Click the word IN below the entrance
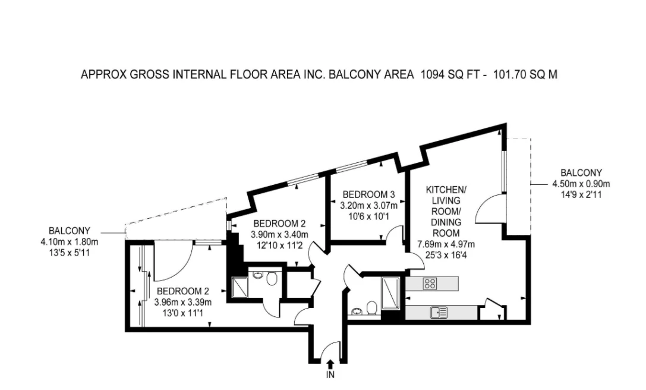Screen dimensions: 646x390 tap(330, 375)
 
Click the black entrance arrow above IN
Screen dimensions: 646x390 tap(330, 364)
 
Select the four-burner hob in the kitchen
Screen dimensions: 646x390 tap(430, 283)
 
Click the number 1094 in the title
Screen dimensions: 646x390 tap(432, 75)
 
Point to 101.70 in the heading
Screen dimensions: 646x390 tap(510, 75)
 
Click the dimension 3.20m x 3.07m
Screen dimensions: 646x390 tap(368, 205)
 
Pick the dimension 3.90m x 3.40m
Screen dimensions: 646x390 tap(280, 235)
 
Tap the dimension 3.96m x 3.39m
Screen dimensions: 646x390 tap(183, 302)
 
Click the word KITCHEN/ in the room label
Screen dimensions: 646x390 tap(446, 190)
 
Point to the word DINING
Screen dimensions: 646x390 tap(446, 222)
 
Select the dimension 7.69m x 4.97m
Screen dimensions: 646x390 tap(446, 244)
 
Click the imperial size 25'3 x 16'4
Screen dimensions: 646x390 tap(446, 255)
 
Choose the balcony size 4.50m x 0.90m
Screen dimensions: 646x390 tap(581, 184)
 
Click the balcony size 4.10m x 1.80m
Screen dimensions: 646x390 tap(69, 241)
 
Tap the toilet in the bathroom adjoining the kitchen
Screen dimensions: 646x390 tap(372, 308)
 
